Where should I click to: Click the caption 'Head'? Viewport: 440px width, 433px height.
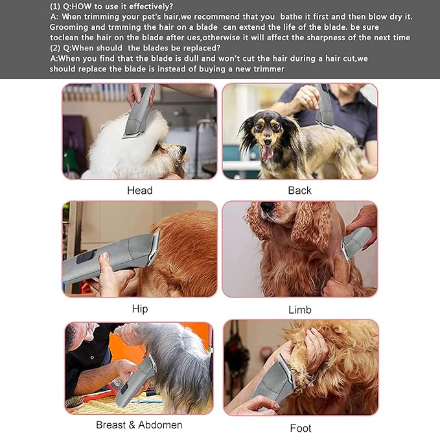click(x=139, y=190)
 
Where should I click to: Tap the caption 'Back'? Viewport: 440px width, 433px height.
click(x=299, y=190)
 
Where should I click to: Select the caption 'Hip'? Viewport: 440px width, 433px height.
click(x=139, y=309)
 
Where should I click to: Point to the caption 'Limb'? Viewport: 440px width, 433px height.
click(x=299, y=309)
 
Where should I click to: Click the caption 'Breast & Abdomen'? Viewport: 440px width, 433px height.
click(x=139, y=425)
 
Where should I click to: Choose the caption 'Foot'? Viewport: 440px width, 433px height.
click(x=300, y=427)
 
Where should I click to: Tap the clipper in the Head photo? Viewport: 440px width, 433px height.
click(x=140, y=111)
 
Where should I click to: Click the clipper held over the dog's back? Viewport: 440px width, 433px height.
click(x=324, y=107)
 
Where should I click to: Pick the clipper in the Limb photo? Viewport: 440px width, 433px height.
click(x=356, y=241)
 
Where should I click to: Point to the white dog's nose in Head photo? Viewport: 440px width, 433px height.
click(x=183, y=150)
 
